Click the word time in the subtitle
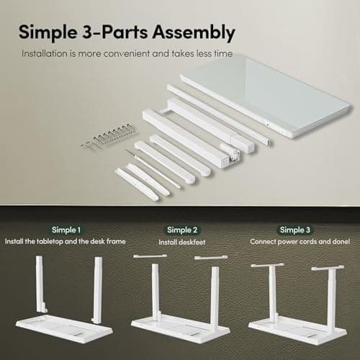(x=221, y=53)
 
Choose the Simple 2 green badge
(x=180, y=230)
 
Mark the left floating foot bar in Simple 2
(x=149, y=256)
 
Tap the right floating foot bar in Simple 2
(x=211, y=257)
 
